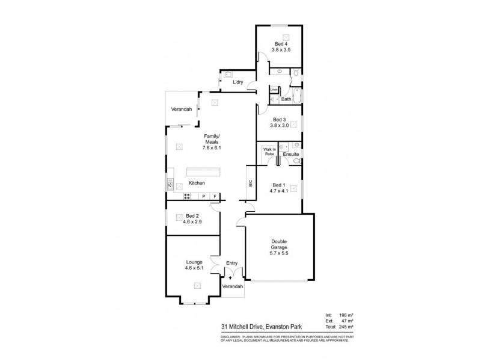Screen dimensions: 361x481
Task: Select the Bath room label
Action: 286,99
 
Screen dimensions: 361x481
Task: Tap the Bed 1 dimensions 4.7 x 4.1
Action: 280,191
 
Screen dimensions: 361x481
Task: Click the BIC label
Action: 250,184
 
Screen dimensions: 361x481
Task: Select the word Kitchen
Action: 197,183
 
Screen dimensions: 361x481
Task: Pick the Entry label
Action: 231,263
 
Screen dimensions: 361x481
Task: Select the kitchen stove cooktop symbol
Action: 187,196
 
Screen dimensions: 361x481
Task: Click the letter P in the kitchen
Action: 203,196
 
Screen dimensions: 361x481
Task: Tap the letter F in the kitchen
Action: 215,196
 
